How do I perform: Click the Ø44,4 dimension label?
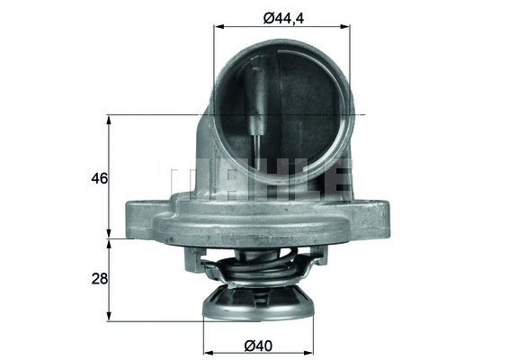coord(281,14)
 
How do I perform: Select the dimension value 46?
coord(99,178)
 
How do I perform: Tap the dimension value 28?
coord(99,279)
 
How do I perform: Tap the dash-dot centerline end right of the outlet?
coord(363,115)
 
